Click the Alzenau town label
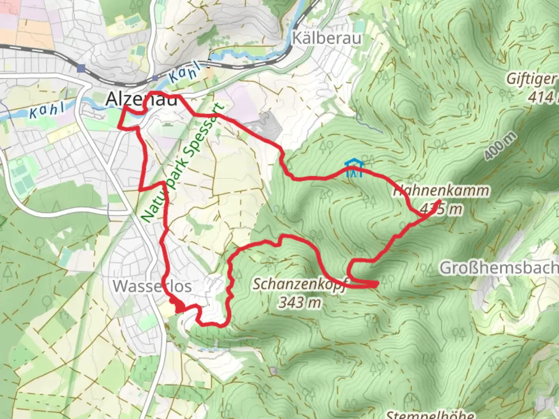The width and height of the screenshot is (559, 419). point(141,99)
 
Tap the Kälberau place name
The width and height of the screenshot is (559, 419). point(327,38)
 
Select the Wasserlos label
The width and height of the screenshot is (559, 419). point(152,286)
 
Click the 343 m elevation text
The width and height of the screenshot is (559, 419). point(300,302)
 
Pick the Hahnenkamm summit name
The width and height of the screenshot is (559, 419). point(441,191)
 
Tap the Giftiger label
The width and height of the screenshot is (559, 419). point(531,79)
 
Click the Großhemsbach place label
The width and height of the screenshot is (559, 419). point(499,268)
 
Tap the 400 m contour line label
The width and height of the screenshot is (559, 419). point(500,146)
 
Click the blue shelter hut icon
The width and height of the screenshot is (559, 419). point(354,168)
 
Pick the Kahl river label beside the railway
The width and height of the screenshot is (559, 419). point(185,73)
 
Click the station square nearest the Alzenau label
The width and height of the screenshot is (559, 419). point(155,78)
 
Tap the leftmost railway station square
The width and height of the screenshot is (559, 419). point(81,69)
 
